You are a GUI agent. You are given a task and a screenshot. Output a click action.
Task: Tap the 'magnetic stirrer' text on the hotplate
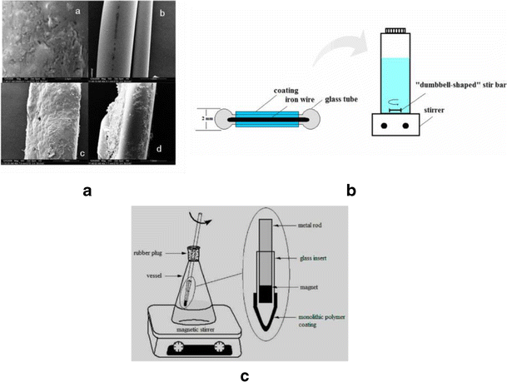[196, 328]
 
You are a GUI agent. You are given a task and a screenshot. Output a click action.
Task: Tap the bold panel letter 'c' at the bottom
[245, 375]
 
